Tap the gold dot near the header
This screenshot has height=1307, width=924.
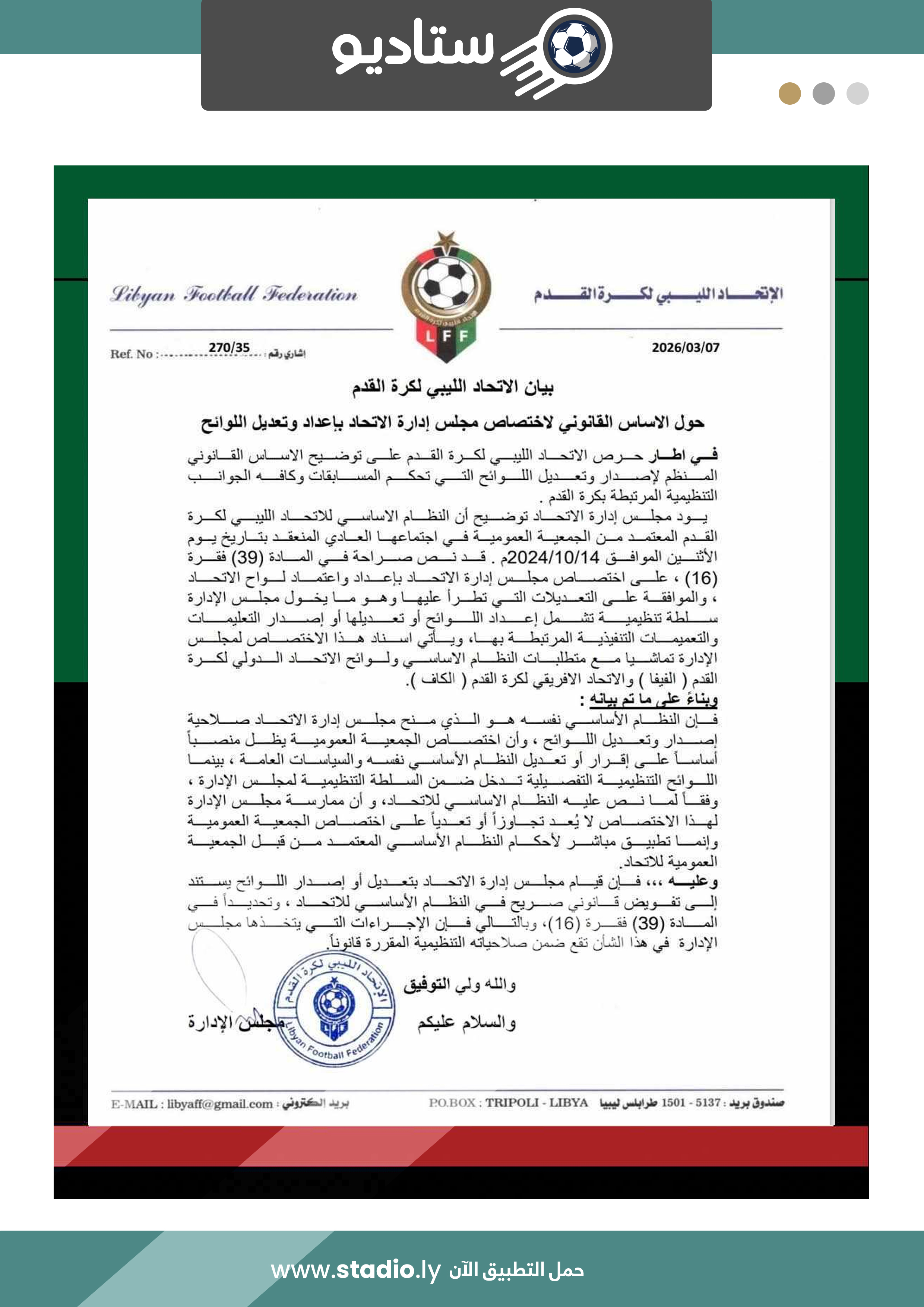click(x=789, y=94)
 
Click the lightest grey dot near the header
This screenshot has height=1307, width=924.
click(x=857, y=94)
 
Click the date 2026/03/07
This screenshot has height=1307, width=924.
click(x=686, y=347)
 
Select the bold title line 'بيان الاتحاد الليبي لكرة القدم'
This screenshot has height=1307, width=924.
click(x=453, y=387)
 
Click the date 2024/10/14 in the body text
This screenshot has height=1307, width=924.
click(x=553, y=557)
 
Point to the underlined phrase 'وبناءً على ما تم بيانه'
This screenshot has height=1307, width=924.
click(x=653, y=699)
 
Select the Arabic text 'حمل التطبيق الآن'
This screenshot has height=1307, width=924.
click(x=516, y=1270)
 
